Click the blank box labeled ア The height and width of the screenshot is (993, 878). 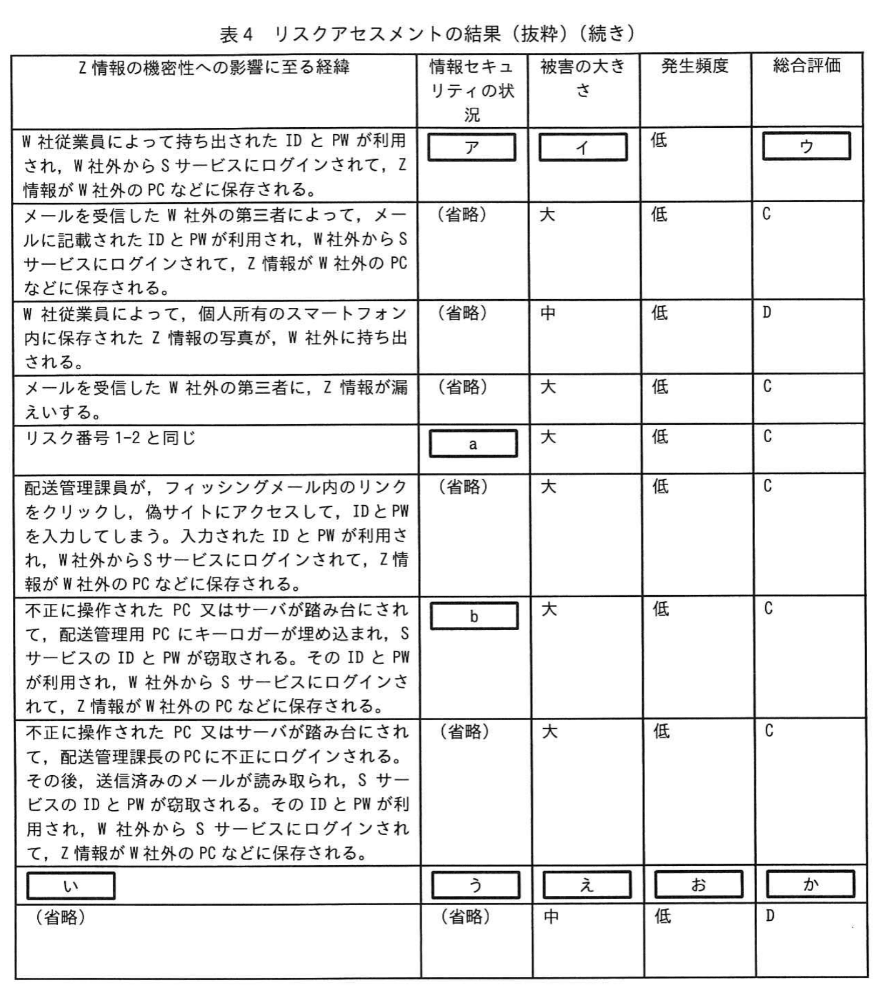click(x=471, y=147)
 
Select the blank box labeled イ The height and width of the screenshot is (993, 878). click(x=583, y=147)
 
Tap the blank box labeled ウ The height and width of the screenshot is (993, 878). click(x=806, y=146)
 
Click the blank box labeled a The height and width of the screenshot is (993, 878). click(x=473, y=444)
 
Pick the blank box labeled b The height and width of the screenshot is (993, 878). click(x=474, y=616)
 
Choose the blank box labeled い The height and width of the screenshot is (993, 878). click(x=71, y=886)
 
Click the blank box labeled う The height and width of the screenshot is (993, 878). click(x=475, y=885)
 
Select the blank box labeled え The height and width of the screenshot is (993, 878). click(x=587, y=885)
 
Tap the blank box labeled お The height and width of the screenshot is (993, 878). click(x=698, y=885)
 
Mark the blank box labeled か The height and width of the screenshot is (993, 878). click(x=810, y=884)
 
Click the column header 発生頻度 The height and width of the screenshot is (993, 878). click(x=695, y=66)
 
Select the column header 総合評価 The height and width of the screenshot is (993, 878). click(x=806, y=66)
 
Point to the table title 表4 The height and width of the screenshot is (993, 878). click(x=236, y=35)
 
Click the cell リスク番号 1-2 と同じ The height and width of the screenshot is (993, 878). click(x=111, y=438)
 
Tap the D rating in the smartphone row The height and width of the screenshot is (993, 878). click(x=767, y=312)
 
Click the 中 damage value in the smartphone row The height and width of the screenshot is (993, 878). click(x=548, y=313)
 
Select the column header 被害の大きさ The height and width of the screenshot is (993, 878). click(x=583, y=78)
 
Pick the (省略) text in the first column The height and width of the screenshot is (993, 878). click(x=60, y=917)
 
